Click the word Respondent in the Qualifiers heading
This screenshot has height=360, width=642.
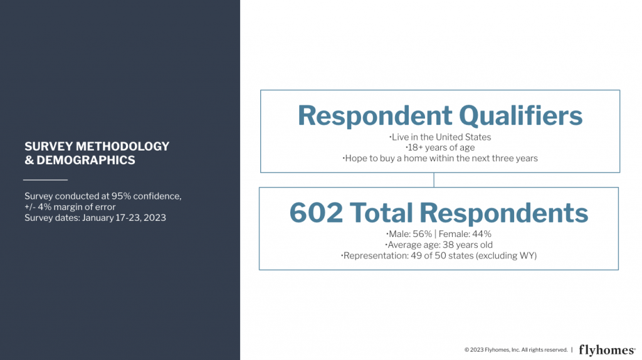(375, 116)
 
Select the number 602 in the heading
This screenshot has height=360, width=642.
(316, 213)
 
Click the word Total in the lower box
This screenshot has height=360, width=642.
(381, 213)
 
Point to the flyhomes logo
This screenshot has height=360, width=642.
(607, 350)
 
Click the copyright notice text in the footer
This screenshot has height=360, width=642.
(516, 350)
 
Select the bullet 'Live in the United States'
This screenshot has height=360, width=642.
(440, 137)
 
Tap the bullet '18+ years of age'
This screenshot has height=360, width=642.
(440, 147)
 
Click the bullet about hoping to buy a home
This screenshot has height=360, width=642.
(440, 158)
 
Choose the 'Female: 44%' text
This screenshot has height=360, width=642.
(465, 234)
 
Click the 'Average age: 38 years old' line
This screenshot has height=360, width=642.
(439, 245)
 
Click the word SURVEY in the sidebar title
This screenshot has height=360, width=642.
(49, 146)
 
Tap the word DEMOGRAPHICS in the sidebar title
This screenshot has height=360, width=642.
(86, 160)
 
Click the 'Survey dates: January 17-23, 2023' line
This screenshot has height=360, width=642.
(95, 218)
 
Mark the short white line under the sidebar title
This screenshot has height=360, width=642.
(45, 180)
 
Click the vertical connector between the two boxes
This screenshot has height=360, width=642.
(434, 180)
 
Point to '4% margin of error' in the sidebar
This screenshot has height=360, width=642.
(76, 207)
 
